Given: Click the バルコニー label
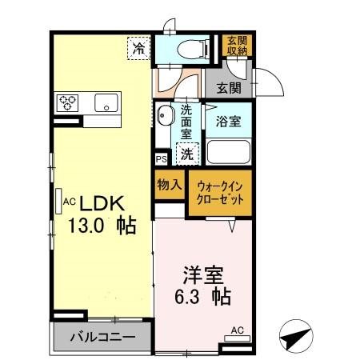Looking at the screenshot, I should tap(102, 336).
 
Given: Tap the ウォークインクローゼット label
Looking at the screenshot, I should tap(221, 194).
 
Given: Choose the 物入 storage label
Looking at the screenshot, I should tap(169, 183).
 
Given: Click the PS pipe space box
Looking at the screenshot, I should tap(161, 159).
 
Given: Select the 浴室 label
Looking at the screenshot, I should tap(229, 122).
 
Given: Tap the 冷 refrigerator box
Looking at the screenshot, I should tap(140, 48).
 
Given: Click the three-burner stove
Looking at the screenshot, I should tap(66, 102).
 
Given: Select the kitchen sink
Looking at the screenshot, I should tap(106, 102).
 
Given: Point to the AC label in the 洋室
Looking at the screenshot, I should tap(238, 330).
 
